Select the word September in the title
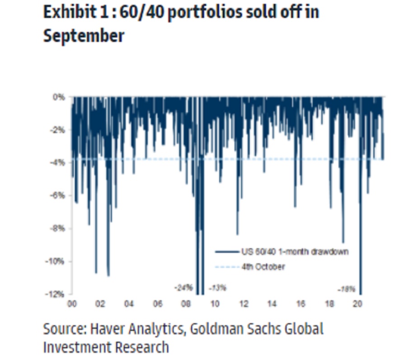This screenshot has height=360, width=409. [83, 35]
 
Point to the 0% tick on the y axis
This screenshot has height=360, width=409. [59, 97]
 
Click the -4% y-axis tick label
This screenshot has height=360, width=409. [58, 163]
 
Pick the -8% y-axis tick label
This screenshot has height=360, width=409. [58, 228]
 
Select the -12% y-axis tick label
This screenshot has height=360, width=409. [56, 294]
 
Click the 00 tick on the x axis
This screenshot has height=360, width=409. [72, 304]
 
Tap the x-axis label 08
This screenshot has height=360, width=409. [186, 304]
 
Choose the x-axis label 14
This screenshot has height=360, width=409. [272, 304]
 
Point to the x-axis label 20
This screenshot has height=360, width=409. [357, 304]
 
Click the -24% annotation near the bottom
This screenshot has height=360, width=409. [183, 288]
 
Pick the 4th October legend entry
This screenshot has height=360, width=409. [263, 267]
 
